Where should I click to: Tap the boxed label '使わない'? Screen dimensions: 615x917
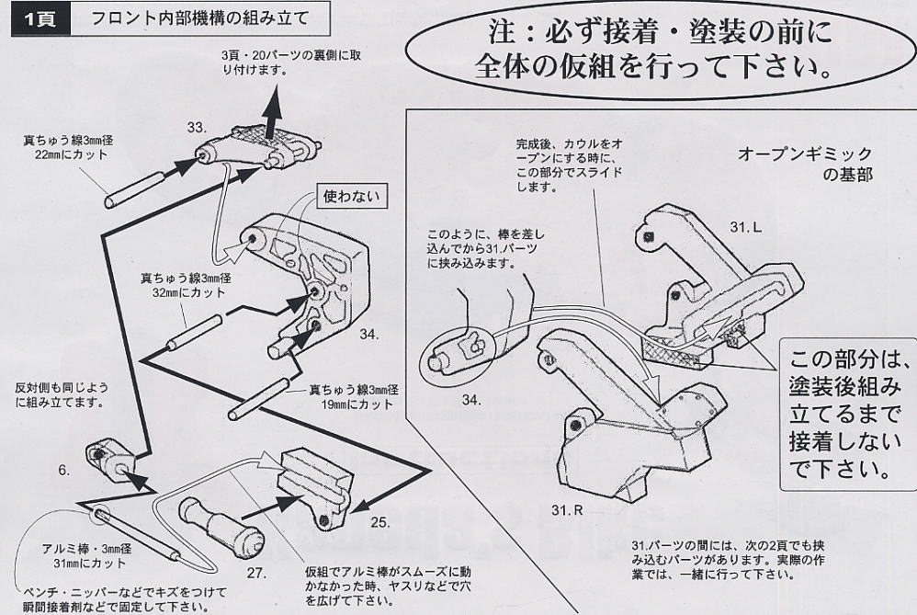pos(348,196)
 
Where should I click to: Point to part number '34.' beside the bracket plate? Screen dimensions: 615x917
pos(368,334)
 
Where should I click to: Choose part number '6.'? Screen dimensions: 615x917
pos(63,470)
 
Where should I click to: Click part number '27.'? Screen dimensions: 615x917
pos(255,573)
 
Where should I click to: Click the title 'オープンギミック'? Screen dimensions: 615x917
pos(804,154)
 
